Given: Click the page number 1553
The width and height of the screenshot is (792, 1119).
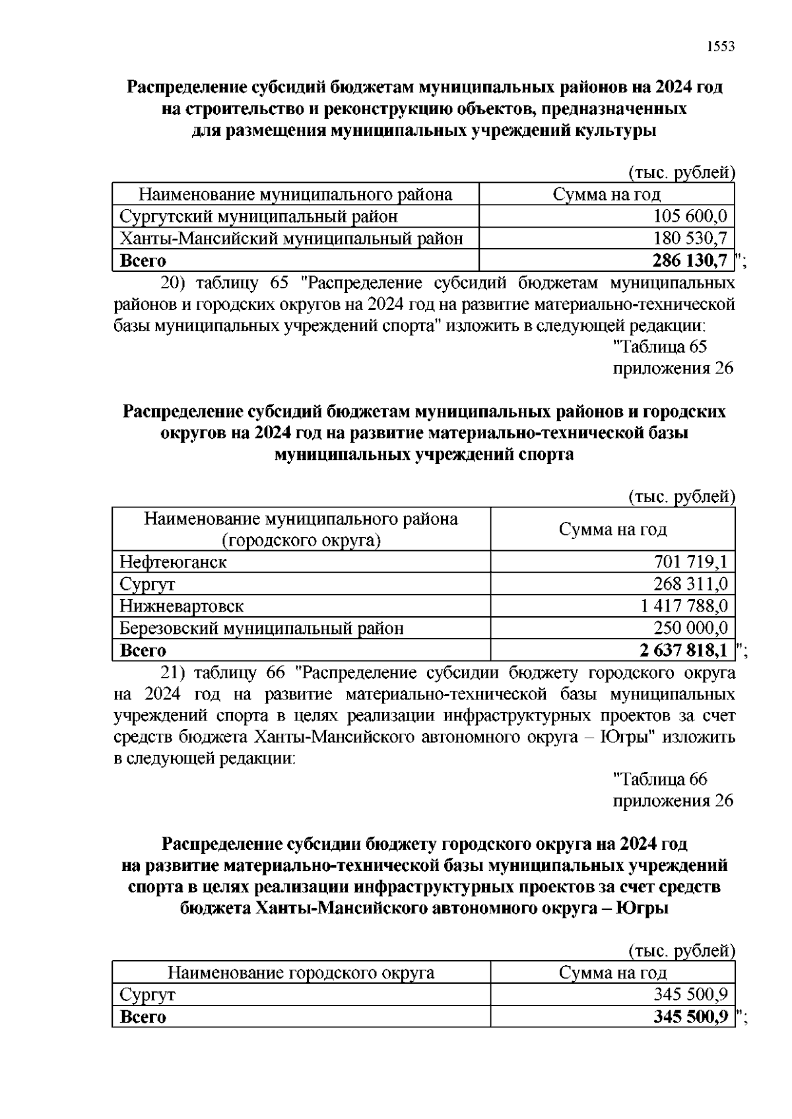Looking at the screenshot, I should click(720, 46).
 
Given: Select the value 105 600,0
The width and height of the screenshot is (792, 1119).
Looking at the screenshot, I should click(690, 216).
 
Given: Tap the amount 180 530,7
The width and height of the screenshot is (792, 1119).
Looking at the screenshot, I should click(690, 238).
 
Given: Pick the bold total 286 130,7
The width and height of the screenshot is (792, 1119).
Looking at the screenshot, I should click(690, 261).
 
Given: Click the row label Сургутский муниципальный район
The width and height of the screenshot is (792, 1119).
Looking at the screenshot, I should click(259, 216).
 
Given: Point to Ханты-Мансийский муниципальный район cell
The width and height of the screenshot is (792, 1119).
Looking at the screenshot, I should click(291, 238).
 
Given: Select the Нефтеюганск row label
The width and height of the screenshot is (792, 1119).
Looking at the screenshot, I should click(173, 562).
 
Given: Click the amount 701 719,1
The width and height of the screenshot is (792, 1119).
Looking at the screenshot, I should click(690, 562).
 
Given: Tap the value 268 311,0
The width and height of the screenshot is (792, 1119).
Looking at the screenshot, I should click(690, 584).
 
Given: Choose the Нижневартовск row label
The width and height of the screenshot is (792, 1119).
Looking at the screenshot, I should click(181, 606).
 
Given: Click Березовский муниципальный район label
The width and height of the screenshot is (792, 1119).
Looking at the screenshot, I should click(261, 628).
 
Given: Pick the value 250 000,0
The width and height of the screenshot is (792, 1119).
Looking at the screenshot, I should click(690, 628).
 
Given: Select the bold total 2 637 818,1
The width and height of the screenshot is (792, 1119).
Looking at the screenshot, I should click(684, 651).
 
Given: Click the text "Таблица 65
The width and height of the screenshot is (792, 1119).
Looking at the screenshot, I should click(660, 346).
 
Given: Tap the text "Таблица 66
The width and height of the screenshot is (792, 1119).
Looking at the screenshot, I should click(660, 779).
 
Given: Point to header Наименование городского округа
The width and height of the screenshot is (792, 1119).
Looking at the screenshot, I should click(301, 973).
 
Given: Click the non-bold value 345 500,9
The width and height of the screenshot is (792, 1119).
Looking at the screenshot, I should click(690, 994).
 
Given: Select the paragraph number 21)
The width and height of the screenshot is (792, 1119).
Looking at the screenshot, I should click(174, 673).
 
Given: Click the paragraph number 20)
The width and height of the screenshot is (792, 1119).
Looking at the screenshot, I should click(174, 284).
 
